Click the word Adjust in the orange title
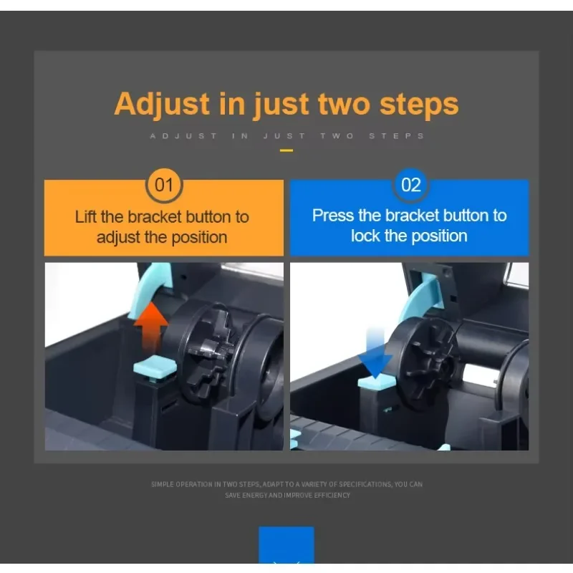162,105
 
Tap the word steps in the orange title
419,105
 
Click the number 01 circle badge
164,186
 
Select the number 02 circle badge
410,186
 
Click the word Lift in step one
87,217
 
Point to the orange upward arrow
151,327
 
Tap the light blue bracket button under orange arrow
155,368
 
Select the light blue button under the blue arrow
377,382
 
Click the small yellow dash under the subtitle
286,150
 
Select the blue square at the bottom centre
286,545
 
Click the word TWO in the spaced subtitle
337,136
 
